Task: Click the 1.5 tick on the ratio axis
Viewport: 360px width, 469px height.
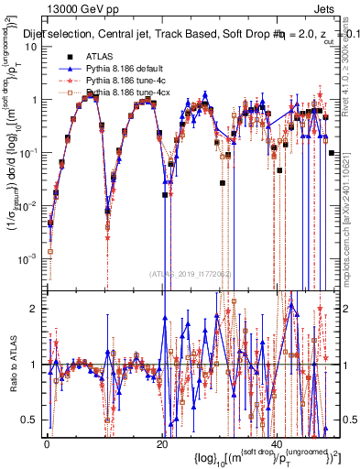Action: pos(33,335)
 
